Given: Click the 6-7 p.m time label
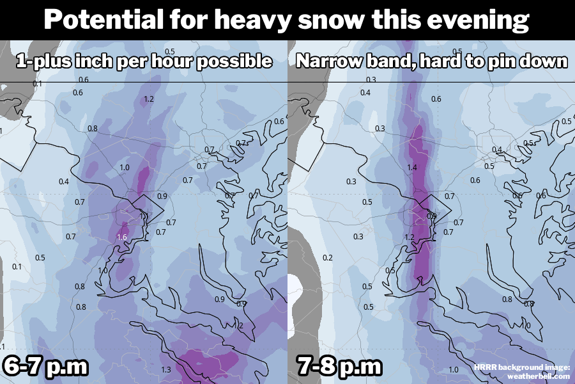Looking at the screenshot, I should pos(45,367).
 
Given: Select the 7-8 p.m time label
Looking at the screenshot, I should pos(339,367).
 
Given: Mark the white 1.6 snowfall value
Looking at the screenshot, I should pos(121,237).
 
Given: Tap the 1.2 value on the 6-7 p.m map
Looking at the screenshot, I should pos(149,99).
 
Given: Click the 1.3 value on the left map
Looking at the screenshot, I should pos(166,369).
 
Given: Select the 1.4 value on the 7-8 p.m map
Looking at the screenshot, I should pos(411,167).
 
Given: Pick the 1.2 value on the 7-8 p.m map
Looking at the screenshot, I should pos(410,237).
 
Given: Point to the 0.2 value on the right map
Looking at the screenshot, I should pos(328,257).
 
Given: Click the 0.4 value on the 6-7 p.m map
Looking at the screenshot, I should pos(63,182).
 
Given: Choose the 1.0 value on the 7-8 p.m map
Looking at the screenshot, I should pos(454,369).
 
